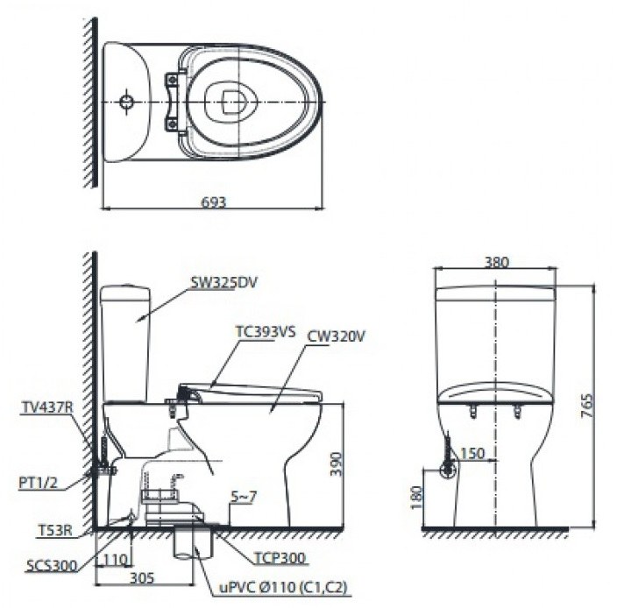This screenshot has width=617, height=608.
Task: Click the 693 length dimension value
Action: (x=213, y=201)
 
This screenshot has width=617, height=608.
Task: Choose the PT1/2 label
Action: (x=39, y=480)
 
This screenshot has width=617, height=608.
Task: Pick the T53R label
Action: (x=53, y=530)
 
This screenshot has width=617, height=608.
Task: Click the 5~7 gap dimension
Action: (x=243, y=498)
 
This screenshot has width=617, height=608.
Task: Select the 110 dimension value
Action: (x=113, y=558)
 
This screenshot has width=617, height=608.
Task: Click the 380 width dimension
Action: (x=495, y=262)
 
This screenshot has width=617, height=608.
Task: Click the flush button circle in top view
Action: (x=128, y=103)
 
